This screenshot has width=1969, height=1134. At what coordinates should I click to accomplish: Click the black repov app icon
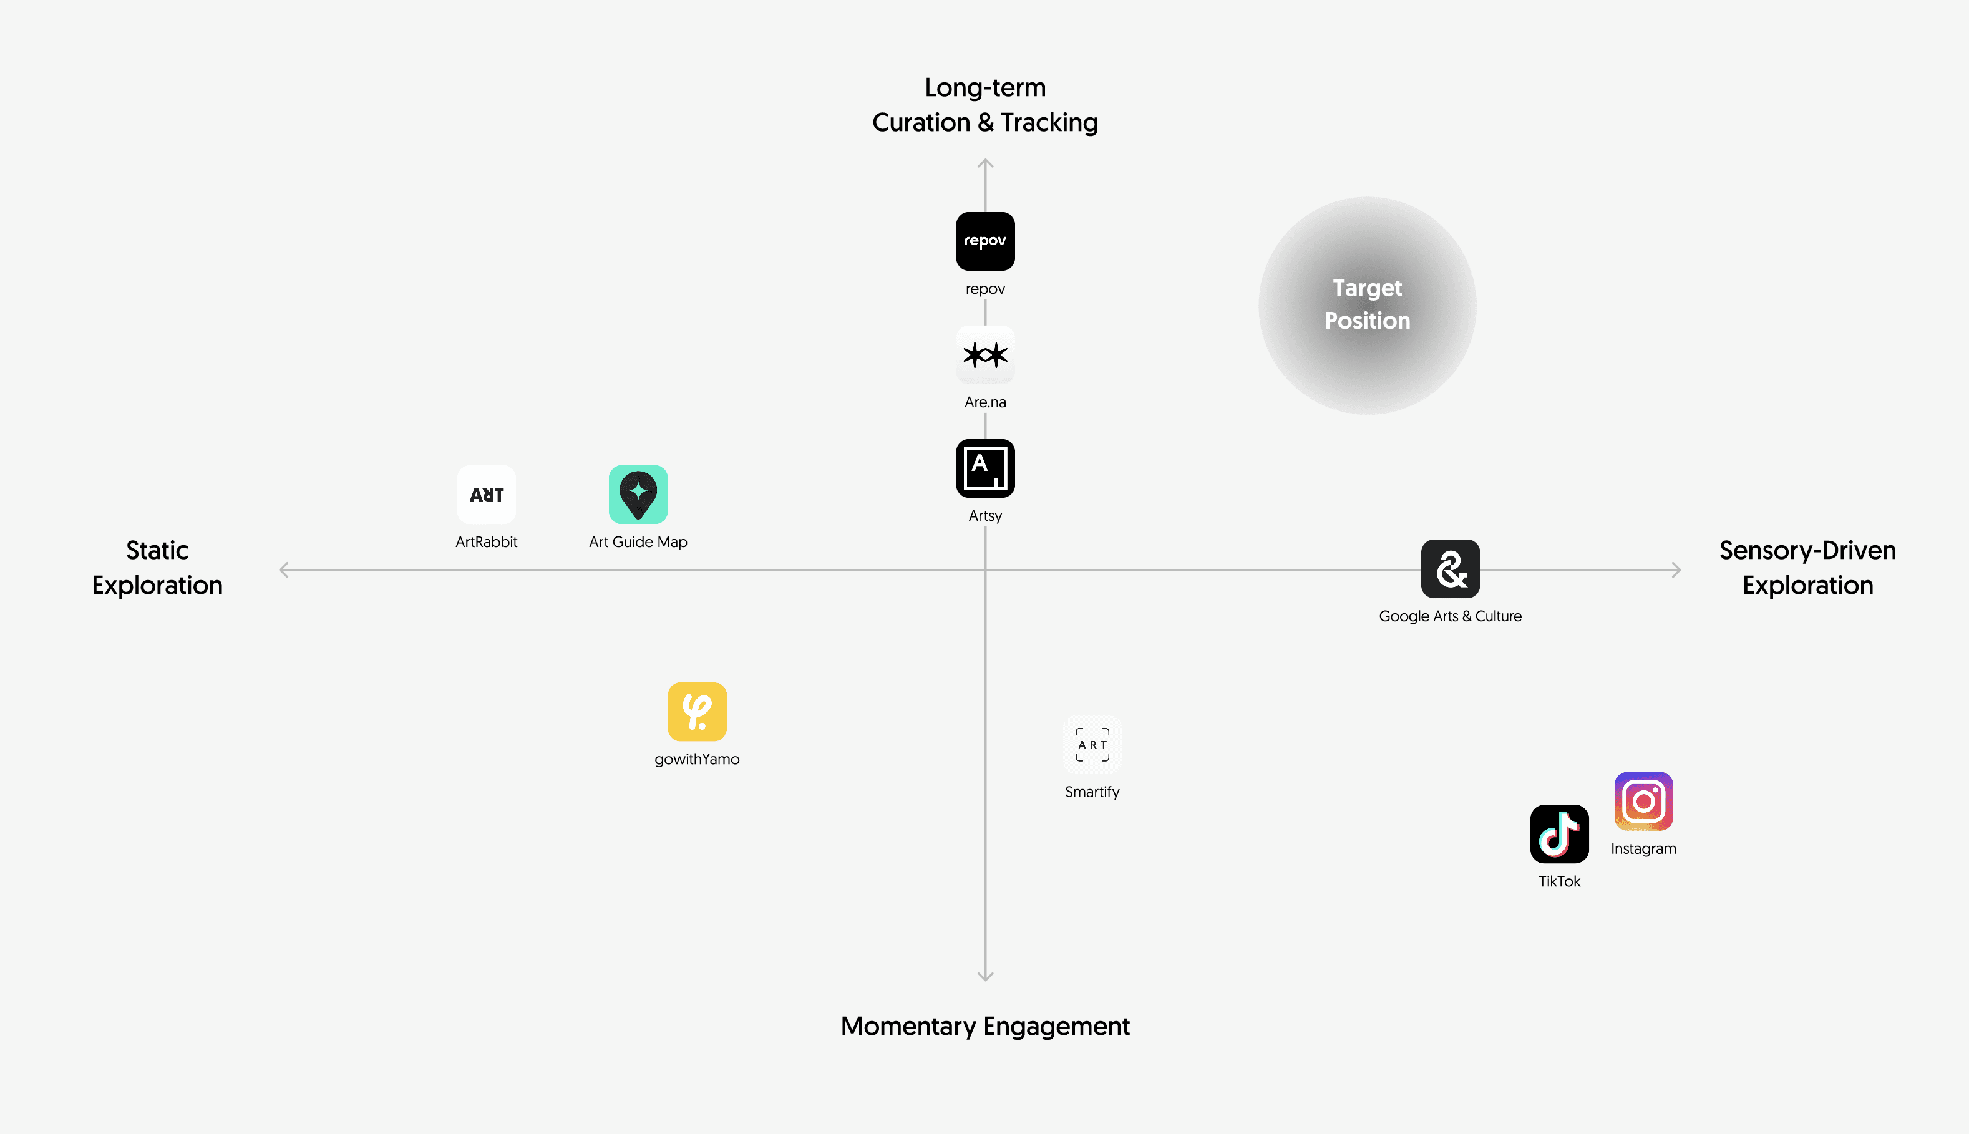(x=985, y=241)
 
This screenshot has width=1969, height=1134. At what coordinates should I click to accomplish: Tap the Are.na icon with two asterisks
(x=985, y=355)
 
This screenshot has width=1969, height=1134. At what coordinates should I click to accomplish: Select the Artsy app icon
(x=985, y=468)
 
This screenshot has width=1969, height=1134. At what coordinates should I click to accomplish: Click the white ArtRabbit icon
(x=486, y=495)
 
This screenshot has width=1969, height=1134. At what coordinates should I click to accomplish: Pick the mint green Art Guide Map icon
(x=638, y=495)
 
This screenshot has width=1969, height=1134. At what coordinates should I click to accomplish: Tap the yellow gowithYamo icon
(x=697, y=712)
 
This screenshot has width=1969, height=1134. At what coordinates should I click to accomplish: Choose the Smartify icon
(x=1092, y=745)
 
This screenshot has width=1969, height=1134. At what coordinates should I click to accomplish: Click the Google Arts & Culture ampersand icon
(x=1451, y=568)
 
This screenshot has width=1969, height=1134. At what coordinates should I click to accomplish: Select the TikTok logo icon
(x=1559, y=834)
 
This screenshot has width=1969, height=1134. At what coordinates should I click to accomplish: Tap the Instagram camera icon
(x=1643, y=802)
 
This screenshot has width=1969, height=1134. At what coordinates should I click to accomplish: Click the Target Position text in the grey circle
(x=1368, y=304)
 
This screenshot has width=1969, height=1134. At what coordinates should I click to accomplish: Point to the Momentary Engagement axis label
(x=985, y=1027)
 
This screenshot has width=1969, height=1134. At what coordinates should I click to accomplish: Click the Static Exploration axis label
(x=157, y=568)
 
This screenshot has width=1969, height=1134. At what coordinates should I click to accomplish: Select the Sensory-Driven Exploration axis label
(x=1808, y=568)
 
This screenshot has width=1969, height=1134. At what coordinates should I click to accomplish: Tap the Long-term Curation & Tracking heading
(x=985, y=105)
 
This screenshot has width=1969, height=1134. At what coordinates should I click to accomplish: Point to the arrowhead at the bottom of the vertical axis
(x=985, y=977)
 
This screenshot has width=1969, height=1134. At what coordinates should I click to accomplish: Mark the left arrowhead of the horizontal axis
(x=283, y=570)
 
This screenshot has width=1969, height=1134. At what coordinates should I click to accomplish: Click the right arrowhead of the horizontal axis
(x=1677, y=570)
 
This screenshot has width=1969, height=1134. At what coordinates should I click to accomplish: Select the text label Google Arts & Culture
(x=1451, y=616)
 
